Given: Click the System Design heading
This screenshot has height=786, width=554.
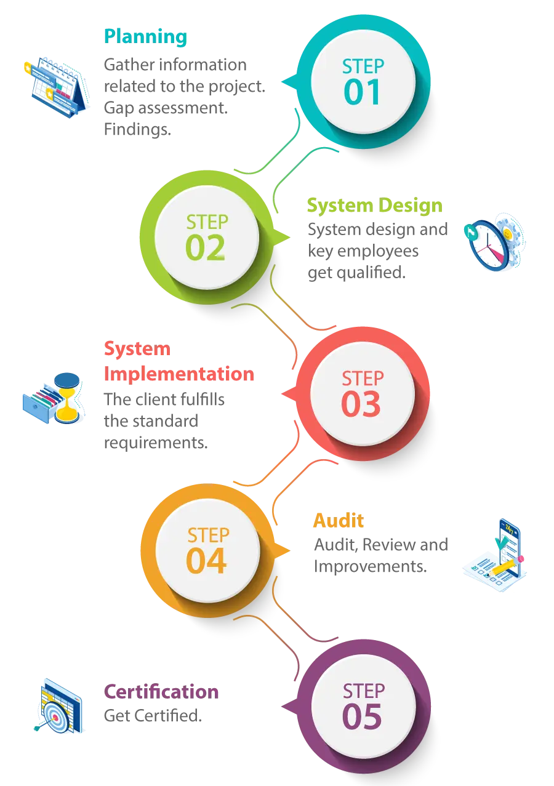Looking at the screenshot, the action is (374, 206).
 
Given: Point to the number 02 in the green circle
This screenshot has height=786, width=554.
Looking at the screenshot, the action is (205, 247).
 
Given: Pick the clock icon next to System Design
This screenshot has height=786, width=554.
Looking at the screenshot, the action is (495, 242).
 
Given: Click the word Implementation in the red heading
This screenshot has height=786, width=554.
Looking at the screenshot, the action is (179, 374).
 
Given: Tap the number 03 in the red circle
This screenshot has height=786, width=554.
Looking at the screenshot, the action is (361, 404).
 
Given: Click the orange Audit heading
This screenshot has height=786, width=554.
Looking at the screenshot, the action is (339, 520).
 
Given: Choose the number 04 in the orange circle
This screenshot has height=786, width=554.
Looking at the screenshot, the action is (206, 561).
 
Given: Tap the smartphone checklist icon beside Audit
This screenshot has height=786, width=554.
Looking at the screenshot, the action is (495, 555).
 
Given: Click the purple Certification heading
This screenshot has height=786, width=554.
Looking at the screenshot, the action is (161, 692).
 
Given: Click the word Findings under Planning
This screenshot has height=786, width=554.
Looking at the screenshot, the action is (137, 130).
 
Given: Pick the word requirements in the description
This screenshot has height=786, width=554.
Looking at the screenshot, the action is (156, 443).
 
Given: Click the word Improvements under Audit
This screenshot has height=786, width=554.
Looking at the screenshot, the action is (370, 566).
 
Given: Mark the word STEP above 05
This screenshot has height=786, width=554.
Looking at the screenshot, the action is (364, 691).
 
